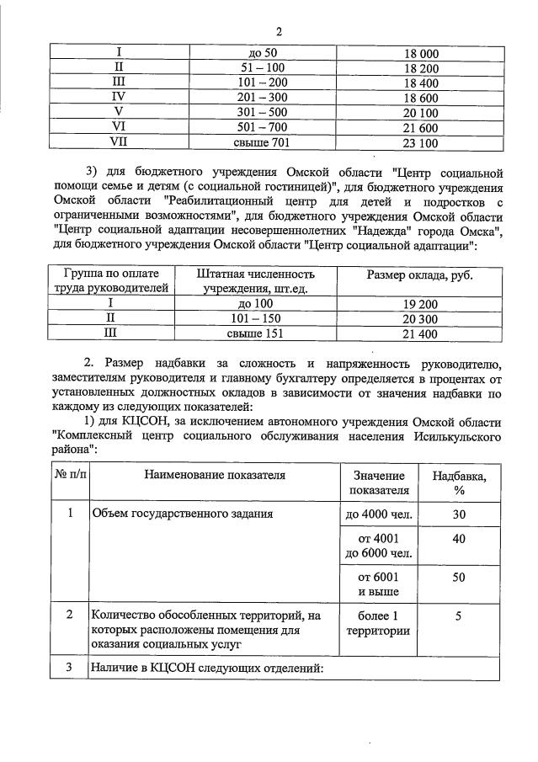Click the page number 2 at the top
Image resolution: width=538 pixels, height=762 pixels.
(x=279, y=31)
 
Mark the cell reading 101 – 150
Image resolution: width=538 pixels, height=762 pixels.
(x=255, y=319)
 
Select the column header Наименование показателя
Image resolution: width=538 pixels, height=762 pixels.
(x=215, y=476)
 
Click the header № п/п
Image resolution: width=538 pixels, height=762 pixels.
(x=70, y=476)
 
